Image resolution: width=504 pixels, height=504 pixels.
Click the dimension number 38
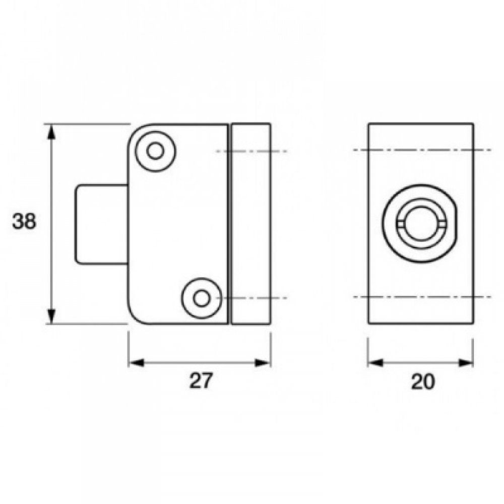coord(24,222)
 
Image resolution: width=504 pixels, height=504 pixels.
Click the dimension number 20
coord(422,382)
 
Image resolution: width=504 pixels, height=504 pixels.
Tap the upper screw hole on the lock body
coord(155,151)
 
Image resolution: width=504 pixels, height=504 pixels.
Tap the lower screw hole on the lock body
coord(202,298)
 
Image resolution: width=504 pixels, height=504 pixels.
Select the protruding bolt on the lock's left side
coord(101,224)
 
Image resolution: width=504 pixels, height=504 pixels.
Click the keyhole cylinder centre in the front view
coord(419,223)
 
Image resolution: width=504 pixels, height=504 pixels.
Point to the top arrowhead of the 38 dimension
coord(51,132)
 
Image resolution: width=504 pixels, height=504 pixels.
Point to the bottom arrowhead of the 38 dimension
coord(51,316)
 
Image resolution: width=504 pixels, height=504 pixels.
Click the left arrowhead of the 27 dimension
coord(136,362)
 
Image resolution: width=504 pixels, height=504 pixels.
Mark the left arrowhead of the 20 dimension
coord(375,362)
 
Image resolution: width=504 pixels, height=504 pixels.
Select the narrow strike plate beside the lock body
coord(251,224)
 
